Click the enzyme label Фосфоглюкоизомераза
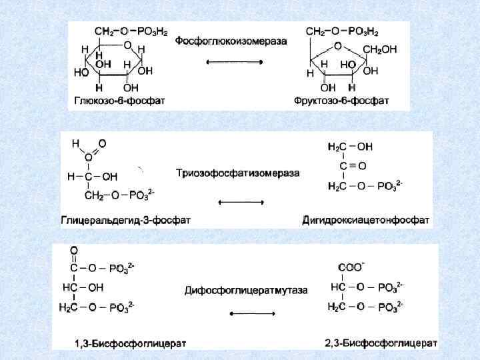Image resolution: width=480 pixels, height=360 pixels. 231,41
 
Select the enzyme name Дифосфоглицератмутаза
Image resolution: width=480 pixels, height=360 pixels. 246,290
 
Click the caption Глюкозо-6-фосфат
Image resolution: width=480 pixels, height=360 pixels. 119,101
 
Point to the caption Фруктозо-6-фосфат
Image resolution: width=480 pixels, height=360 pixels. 341,101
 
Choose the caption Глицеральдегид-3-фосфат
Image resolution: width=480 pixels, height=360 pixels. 117,219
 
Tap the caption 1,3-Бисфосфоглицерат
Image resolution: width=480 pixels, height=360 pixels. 130,343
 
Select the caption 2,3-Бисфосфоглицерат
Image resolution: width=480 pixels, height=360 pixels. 381,343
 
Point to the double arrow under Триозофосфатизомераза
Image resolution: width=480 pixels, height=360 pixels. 241,202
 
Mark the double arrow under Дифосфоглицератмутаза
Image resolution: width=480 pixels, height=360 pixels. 252,314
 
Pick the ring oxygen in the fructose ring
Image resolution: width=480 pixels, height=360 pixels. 338,46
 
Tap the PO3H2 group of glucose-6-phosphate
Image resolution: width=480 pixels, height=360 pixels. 155,31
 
